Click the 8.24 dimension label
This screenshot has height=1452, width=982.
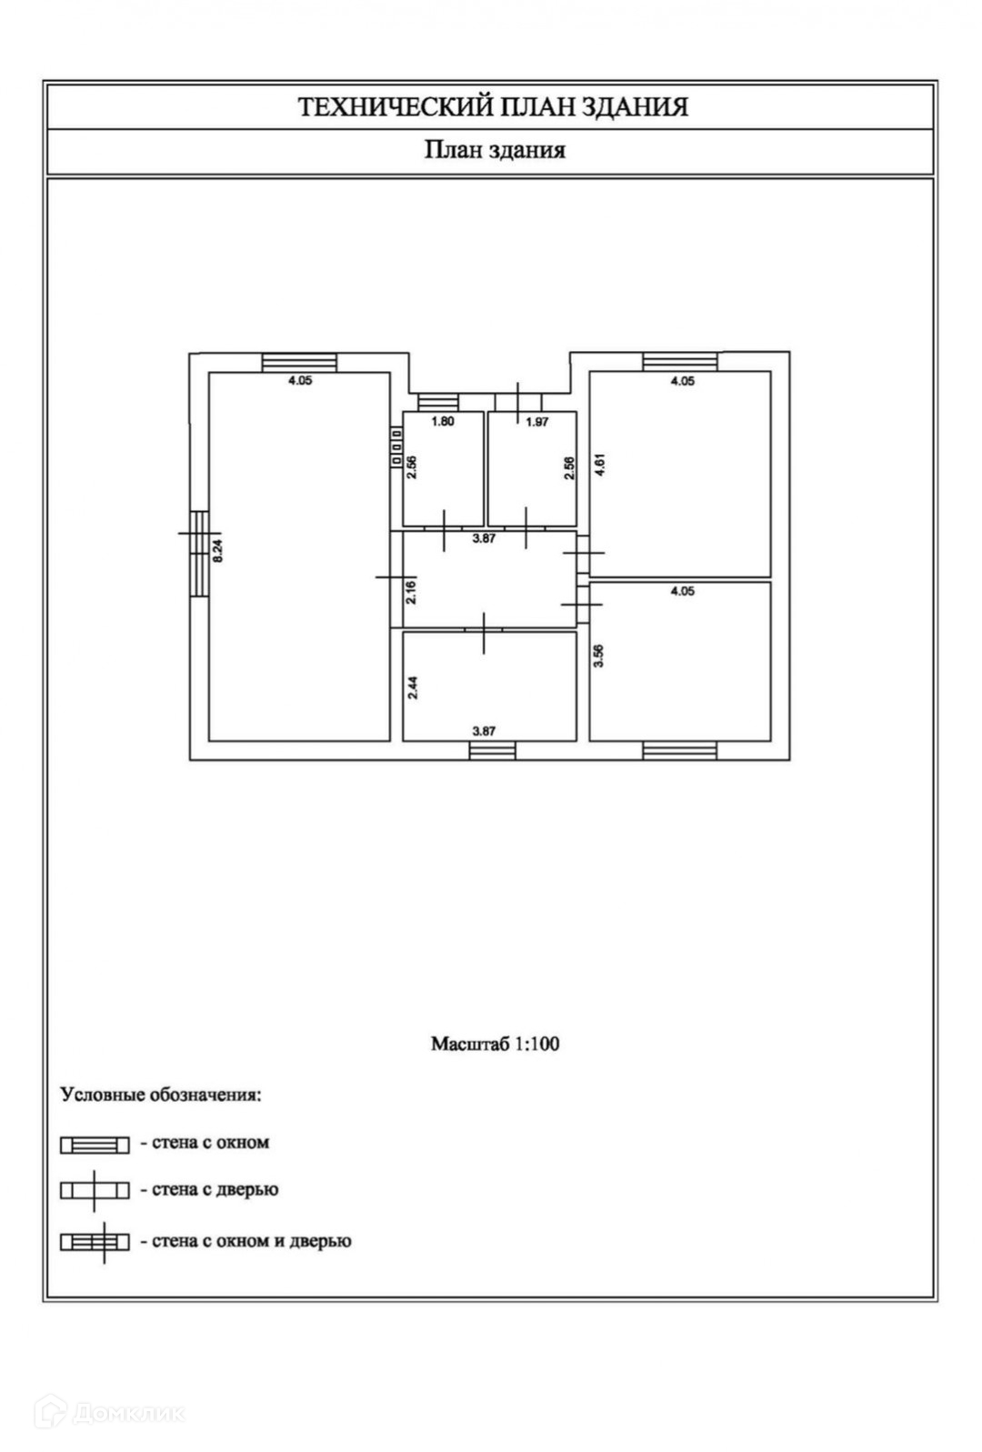click(x=216, y=554)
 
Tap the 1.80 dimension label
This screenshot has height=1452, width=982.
click(x=442, y=422)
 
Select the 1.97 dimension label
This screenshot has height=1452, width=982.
click(x=537, y=422)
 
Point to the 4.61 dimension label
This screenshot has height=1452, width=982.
click(x=599, y=466)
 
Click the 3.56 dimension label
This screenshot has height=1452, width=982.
click(x=598, y=656)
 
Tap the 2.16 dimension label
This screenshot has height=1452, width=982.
click(x=412, y=592)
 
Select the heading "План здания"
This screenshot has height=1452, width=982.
click(x=495, y=150)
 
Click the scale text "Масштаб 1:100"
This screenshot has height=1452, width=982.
click(x=495, y=1044)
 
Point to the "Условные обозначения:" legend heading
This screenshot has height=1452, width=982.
click(x=161, y=1094)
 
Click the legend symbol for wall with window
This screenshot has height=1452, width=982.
click(x=95, y=1145)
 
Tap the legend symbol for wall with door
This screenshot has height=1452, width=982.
click(x=95, y=1190)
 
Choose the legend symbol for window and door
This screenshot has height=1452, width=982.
click(x=95, y=1241)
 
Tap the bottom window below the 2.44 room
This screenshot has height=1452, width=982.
click(x=492, y=750)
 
